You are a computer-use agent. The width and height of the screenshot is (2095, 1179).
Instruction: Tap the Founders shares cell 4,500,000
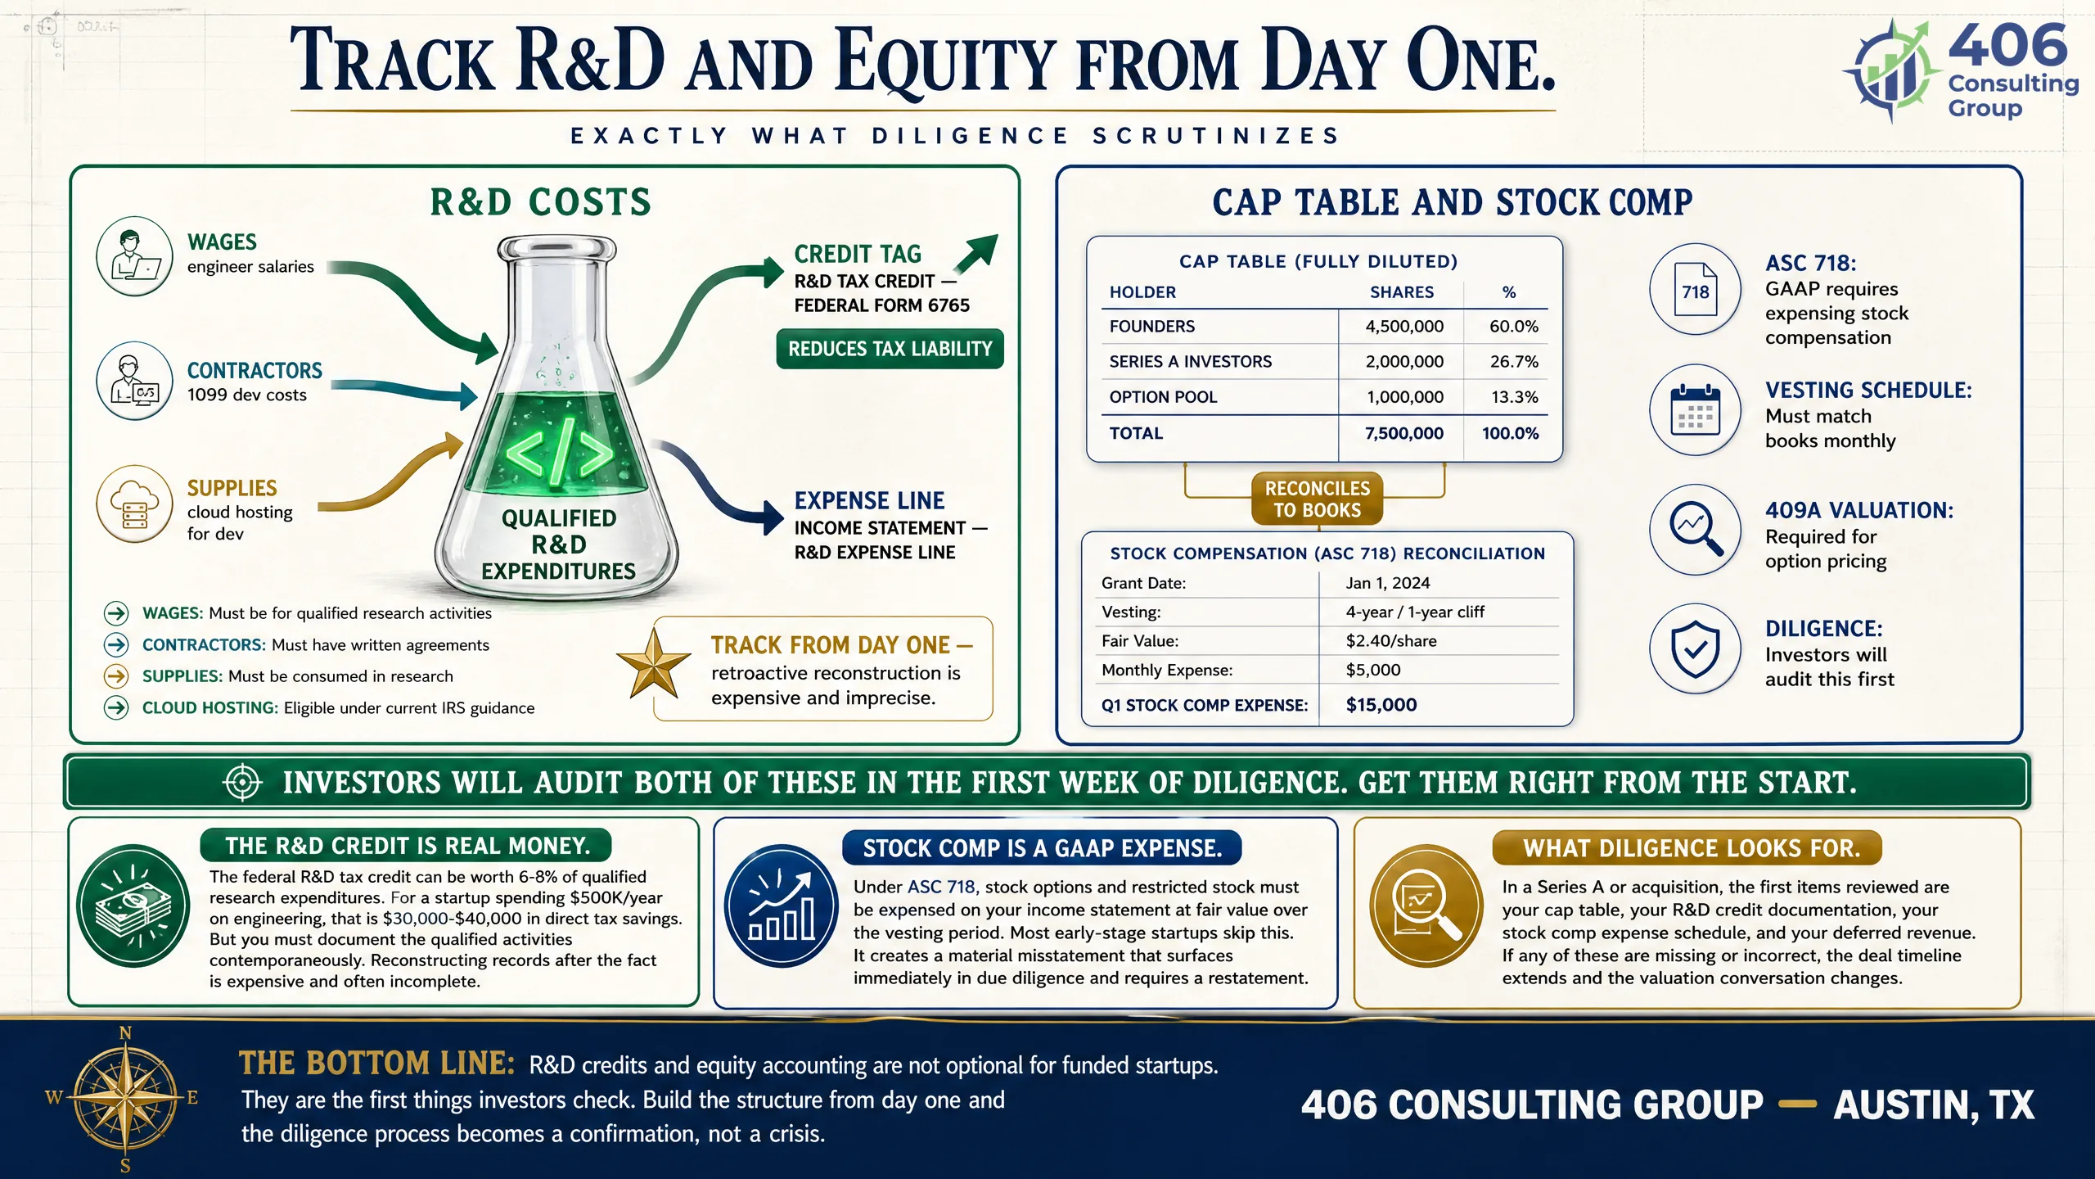(x=1404, y=327)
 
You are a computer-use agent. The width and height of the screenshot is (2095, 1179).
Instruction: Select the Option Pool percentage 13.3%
(x=1514, y=397)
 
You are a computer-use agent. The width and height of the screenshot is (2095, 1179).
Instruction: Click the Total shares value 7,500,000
(x=1404, y=433)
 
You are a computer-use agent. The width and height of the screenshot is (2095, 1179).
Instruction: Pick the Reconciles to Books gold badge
(x=1317, y=499)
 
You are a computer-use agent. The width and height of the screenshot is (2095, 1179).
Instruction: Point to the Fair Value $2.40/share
(x=1391, y=641)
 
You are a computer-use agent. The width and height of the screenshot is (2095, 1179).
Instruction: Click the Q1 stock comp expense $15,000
(x=1381, y=705)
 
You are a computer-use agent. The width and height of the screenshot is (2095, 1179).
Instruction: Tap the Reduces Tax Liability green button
(x=890, y=350)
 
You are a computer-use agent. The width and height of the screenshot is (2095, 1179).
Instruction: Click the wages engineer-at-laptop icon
(x=134, y=256)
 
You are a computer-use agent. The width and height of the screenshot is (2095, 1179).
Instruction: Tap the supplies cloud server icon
(x=134, y=504)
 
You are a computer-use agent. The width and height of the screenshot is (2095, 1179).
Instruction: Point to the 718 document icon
(x=1695, y=290)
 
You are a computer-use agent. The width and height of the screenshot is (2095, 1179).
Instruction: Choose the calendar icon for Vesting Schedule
(x=1695, y=409)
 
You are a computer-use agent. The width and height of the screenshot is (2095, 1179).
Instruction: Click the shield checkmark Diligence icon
(x=1695, y=649)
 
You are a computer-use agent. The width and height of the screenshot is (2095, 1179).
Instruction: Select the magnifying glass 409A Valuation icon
(x=1695, y=530)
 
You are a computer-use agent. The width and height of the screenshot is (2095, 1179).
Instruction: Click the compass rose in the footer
(x=124, y=1098)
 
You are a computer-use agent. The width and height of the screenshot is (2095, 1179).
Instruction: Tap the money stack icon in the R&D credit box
(x=133, y=906)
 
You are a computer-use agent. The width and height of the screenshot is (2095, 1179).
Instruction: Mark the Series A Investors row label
(x=1191, y=362)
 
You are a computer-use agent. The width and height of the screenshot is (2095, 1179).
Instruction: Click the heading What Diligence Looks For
(x=1692, y=848)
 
